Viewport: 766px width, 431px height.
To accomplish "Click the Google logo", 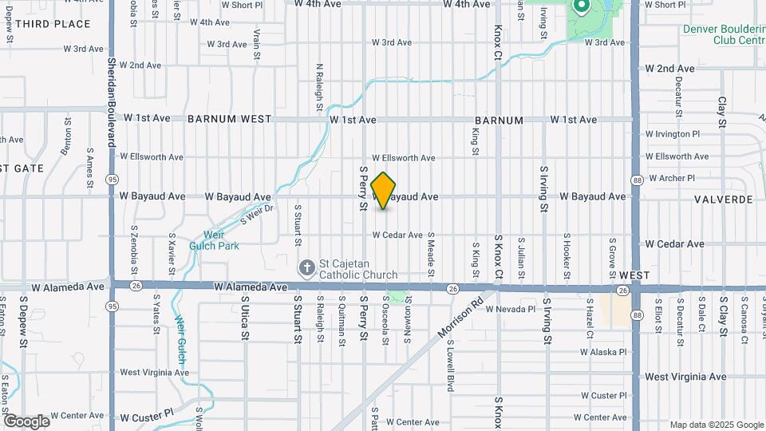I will (x=26, y=421).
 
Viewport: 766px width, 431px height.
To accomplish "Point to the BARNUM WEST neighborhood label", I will (x=230, y=120).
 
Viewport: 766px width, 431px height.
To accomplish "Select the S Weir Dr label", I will (x=257, y=213).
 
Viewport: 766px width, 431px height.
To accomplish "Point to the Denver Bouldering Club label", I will (x=723, y=34).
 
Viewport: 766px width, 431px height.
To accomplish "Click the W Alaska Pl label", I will (x=603, y=351).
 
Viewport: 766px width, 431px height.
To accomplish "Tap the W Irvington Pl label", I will (x=672, y=134).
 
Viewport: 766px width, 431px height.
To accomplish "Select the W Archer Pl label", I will (x=672, y=178).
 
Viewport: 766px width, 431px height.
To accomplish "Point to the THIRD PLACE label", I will (x=52, y=24).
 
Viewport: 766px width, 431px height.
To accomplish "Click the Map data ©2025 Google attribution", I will (x=716, y=425).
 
